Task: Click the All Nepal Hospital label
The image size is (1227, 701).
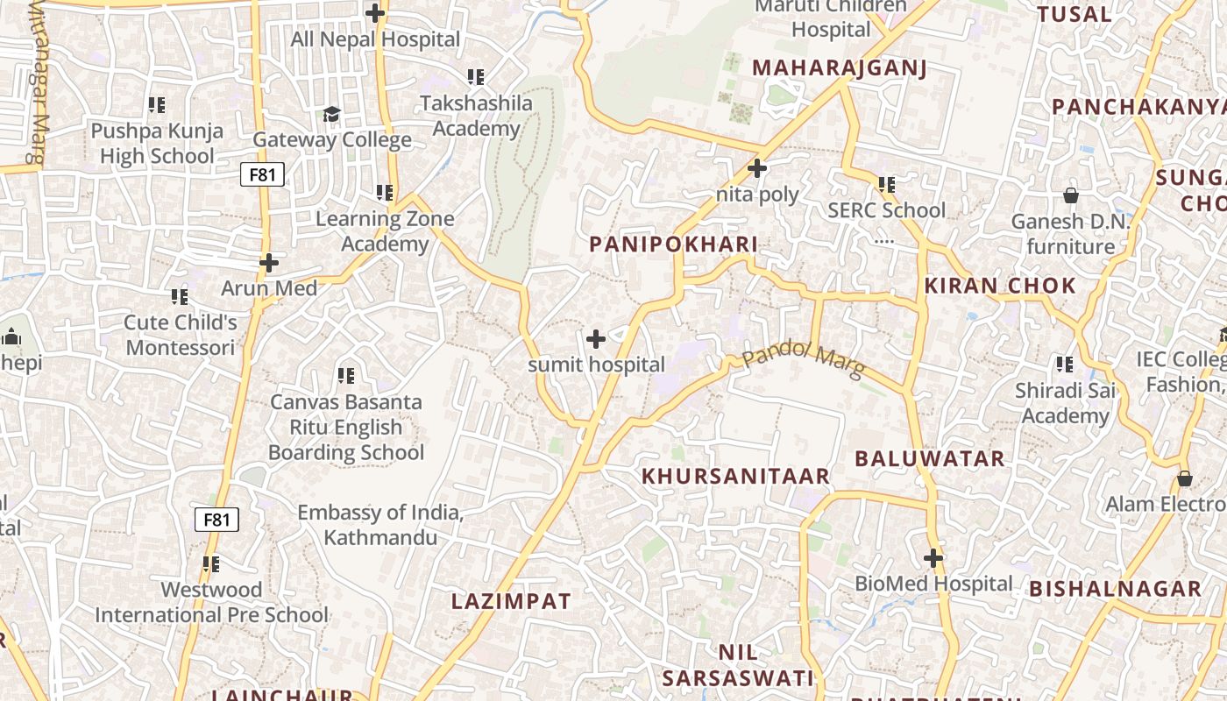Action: [x=374, y=39]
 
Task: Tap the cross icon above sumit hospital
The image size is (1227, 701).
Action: [x=596, y=338]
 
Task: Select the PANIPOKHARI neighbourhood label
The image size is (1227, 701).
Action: [x=673, y=244]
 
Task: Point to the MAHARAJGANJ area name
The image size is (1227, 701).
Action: [x=839, y=68]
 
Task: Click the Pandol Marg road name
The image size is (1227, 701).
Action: [x=804, y=358]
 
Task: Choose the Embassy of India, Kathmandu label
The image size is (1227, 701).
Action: [x=380, y=524]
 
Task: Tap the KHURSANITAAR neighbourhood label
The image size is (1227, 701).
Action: [x=735, y=476]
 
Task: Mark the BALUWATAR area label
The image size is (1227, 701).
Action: [x=930, y=458]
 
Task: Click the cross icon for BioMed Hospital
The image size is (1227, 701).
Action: [x=933, y=557]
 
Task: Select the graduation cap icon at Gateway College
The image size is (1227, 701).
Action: [x=331, y=114]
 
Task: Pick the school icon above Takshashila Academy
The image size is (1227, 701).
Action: [x=476, y=77]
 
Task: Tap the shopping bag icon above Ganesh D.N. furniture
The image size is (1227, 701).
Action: [x=1070, y=195]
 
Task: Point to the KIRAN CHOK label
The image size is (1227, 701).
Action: [x=1000, y=286]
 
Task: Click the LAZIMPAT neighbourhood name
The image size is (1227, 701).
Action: [x=511, y=601]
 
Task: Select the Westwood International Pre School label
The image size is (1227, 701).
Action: [x=211, y=602]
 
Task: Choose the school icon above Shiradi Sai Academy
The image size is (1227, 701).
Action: [x=1065, y=364]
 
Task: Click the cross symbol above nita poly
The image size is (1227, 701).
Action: [x=757, y=167]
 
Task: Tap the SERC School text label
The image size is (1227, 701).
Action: [x=887, y=210]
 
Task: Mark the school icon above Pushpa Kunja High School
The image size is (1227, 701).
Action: [x=157, y=105]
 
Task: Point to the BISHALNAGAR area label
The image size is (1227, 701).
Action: [x=1115, y=589]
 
